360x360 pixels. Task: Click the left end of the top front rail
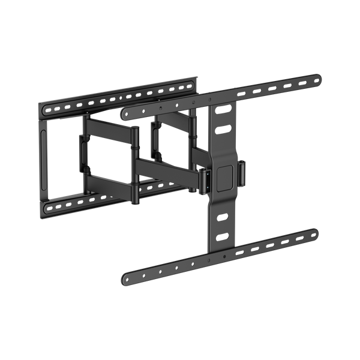coord(124,112)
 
